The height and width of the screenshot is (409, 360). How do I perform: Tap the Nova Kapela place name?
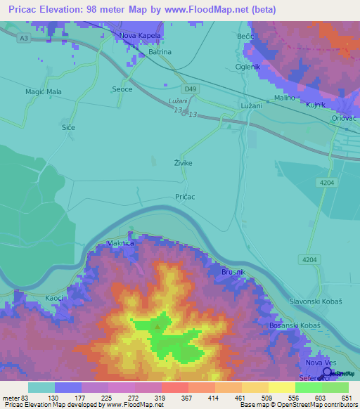(x=141, y=35)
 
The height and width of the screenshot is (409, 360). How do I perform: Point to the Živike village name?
(x=183, y=163)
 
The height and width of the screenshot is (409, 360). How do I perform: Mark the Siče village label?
(x=68, y=127)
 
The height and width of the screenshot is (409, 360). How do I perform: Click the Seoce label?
(x=123, y=89)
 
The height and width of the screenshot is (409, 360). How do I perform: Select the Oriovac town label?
(x=345, y=119)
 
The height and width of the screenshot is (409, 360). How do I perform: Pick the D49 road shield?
(x=191, y=89)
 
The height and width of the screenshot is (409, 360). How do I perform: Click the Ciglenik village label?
(x=247, y=67)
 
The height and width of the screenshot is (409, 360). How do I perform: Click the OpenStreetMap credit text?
(x=303, y=405)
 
